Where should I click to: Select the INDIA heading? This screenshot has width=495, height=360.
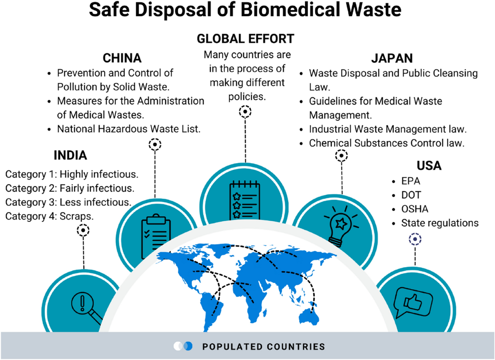tap(71, 156)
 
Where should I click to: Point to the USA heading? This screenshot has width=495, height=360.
tap(429, 166)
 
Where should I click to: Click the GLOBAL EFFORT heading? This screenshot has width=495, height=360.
tap(245, 39)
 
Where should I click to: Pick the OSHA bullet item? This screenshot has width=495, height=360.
tap(414, 209)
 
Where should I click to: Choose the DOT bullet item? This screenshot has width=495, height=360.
tap(411, 195)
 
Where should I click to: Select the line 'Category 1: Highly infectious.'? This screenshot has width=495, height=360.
tap(71, 174)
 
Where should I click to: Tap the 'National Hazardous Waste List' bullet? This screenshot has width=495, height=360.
tap(129, 129)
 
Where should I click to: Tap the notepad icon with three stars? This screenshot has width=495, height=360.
tap(242, 199)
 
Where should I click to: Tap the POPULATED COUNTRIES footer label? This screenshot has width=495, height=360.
tap(264, 346)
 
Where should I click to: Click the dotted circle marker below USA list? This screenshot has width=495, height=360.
tap(415, 239)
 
